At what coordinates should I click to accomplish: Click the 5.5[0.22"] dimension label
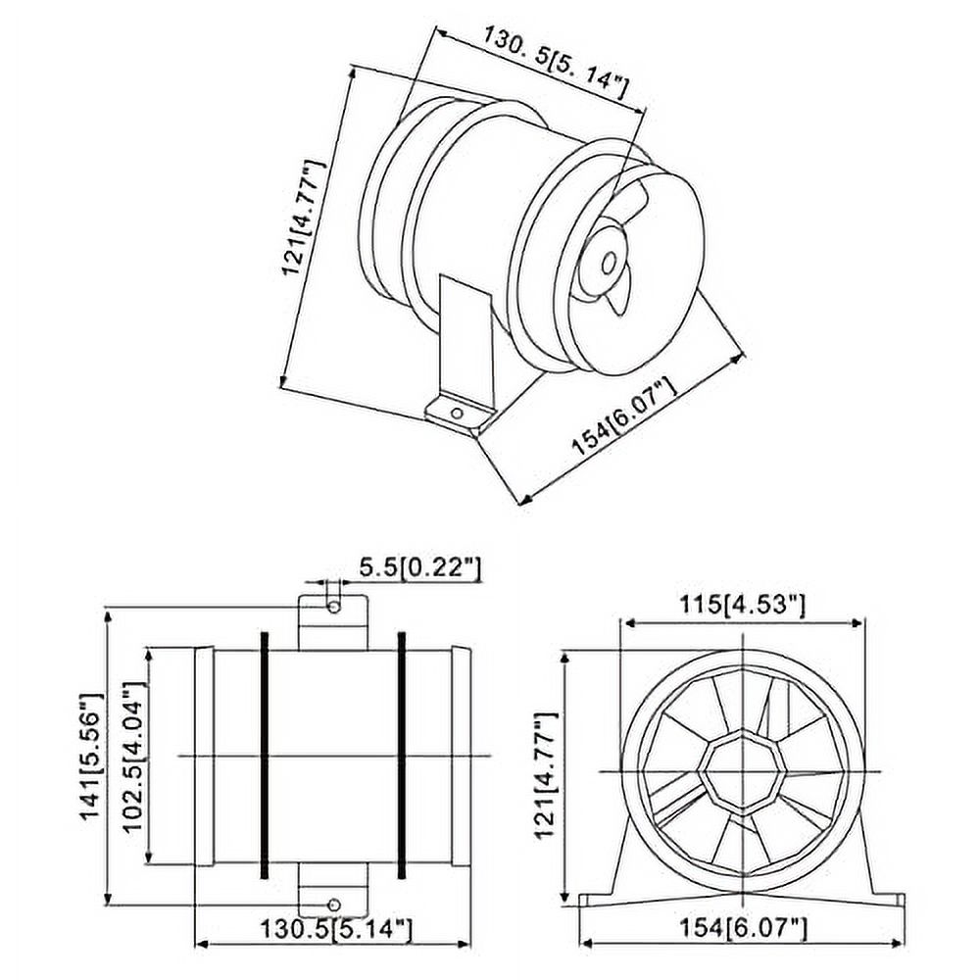point(418,565)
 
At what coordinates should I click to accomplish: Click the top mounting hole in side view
point(334,607)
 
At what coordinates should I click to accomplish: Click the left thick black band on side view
point(264,756)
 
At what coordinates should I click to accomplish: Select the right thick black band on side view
point(402,756)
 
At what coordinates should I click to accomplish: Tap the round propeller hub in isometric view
point(608,263)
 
